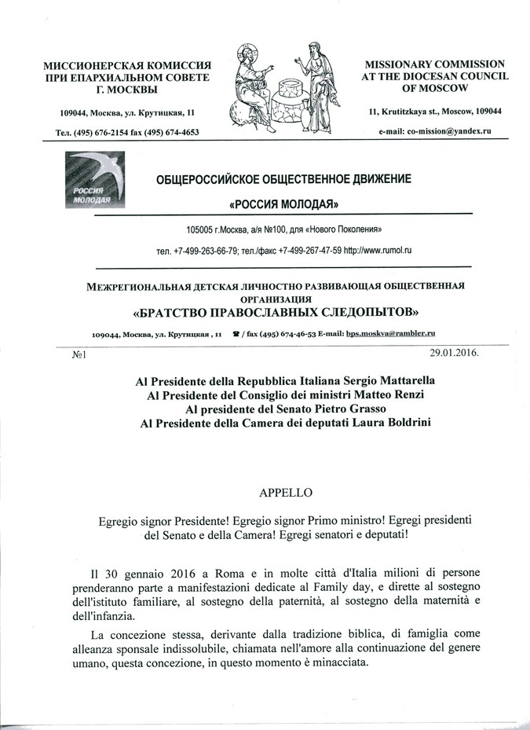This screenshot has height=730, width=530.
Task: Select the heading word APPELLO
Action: pyautogui.click(x=285, y=493)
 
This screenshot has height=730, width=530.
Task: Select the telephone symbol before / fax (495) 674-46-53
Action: pyautogui.click(x=236, y=334)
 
